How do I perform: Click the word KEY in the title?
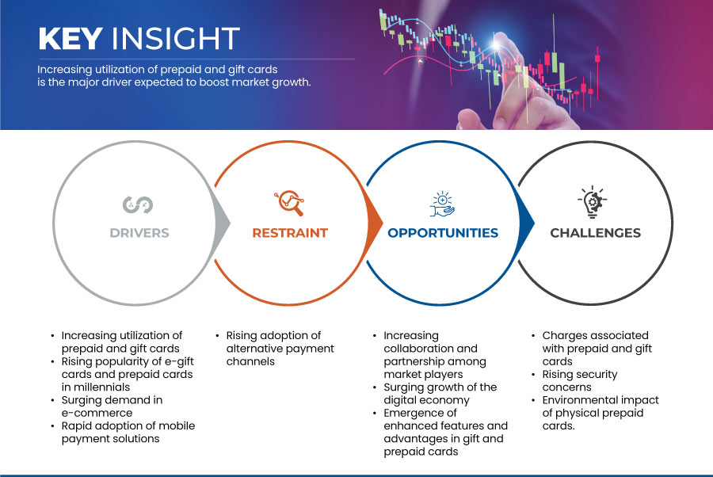(71, 39)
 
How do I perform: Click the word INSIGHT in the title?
(176, 39)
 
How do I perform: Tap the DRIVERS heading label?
(139, 233)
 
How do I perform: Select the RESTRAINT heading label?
(290, 233)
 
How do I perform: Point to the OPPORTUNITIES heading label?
(443, 233)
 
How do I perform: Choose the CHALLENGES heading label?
(595, 233)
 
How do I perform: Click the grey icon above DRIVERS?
(138, 204)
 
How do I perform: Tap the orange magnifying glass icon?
(289, 203)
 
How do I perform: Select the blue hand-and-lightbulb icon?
(442, 204)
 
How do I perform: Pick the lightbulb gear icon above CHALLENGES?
(593, 202)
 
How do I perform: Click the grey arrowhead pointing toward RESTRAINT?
(223, 223)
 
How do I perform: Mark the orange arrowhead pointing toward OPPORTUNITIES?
(376, 223)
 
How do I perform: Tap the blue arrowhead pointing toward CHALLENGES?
(527, 223)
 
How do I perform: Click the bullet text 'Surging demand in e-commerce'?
(112, 406)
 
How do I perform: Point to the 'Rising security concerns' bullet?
(580, 380)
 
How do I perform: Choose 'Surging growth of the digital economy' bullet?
(440, 393)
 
